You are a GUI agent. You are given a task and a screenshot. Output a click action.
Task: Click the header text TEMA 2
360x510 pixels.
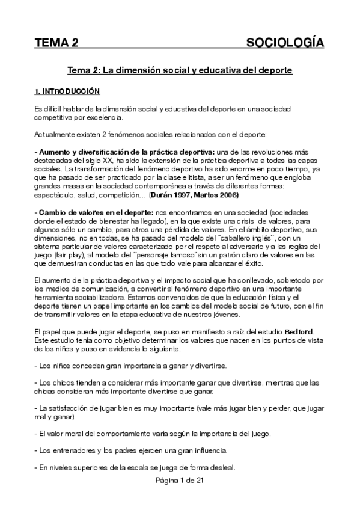point(56,43)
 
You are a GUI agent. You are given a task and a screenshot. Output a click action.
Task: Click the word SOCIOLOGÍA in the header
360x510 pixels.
point(285,43)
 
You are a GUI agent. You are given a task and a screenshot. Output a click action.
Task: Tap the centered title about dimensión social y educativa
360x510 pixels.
point(180,70)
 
